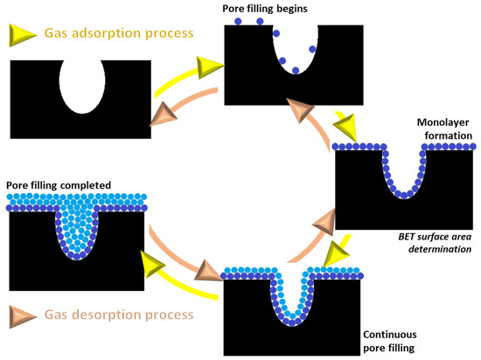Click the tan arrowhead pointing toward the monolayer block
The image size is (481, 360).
(x=325, y=225)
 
